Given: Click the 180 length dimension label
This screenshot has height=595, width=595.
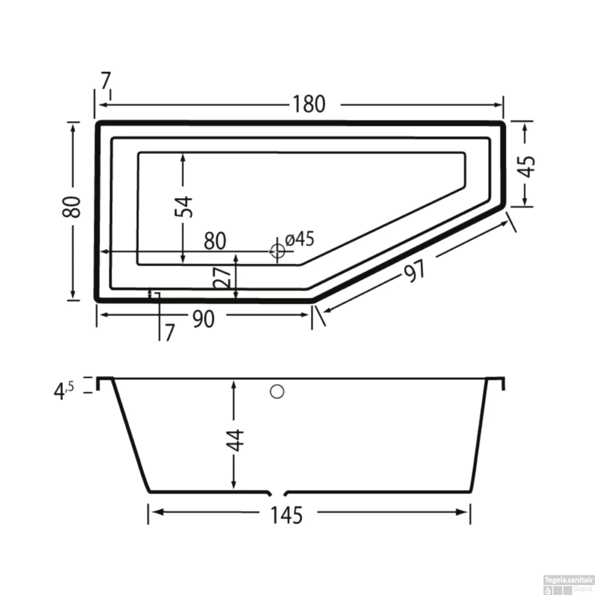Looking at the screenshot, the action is point(309,104).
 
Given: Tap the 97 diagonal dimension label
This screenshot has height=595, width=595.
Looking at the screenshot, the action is point(415,271).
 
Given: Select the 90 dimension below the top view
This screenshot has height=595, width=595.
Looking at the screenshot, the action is point(203,319).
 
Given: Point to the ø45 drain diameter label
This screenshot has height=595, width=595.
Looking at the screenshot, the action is point(300,239).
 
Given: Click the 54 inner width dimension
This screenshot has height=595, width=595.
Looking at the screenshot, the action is point(184,206).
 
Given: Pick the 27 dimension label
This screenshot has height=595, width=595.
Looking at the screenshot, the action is point(222,278).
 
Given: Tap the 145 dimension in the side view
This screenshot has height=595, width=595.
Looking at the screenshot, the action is point(287,515).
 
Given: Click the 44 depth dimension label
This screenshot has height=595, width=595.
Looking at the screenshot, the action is point(236,440).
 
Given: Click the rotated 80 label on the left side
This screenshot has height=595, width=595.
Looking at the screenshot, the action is point(71,207).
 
